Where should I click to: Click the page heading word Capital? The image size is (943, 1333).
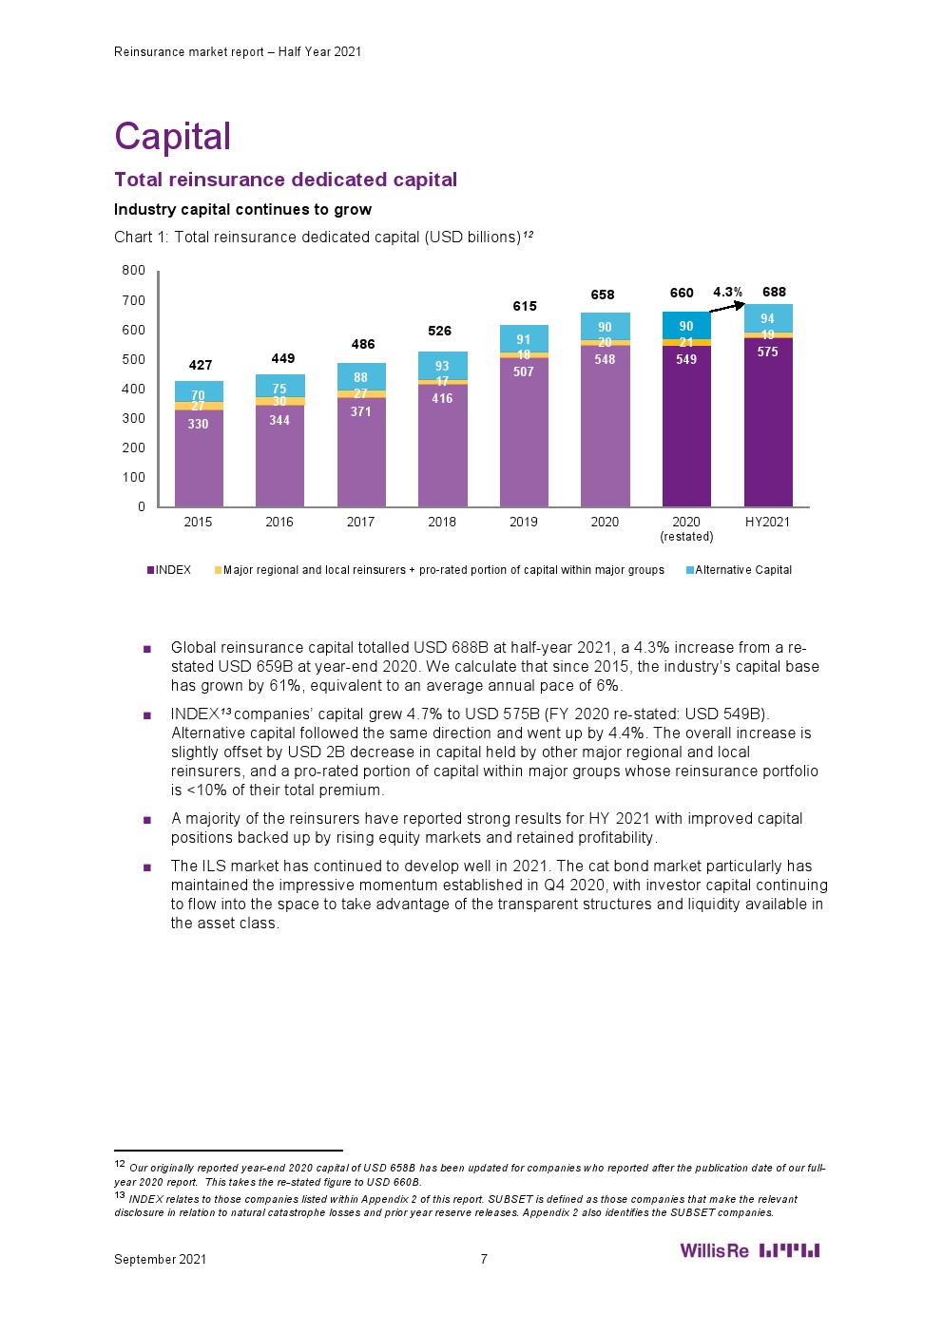pos(172,137)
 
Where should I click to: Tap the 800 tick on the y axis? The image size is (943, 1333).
pos(134,271)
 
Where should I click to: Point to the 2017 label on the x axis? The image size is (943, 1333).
pos(360,522)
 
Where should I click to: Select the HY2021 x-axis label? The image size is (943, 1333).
pos(767,522)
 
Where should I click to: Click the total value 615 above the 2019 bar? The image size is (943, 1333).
pos(525,306)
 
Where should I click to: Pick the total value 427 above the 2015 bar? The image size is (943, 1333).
pos(201,365)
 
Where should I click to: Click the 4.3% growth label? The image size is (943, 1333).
pos(728,292)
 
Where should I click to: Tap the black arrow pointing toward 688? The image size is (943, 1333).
pos(728,306)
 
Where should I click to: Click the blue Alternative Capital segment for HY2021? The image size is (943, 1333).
pos(767,318)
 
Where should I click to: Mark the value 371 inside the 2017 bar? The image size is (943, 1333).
pos(360,411)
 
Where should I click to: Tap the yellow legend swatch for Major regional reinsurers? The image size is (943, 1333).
pos(218,570)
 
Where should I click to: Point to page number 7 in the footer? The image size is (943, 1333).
pos(484,1259)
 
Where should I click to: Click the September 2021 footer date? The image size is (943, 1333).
pos(160,1259)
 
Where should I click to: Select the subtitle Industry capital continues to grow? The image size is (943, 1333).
pos(242,209)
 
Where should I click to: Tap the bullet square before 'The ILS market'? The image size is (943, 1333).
pos(147,867)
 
